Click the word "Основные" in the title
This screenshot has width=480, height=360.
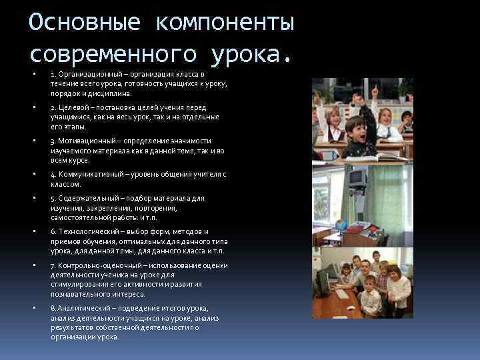pyautogui.click(x=84, y=23)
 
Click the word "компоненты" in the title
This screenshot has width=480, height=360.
pyautogui.click(x=225, y=23)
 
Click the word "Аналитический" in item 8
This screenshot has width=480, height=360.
pyautogui.click(x=84, y=308)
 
